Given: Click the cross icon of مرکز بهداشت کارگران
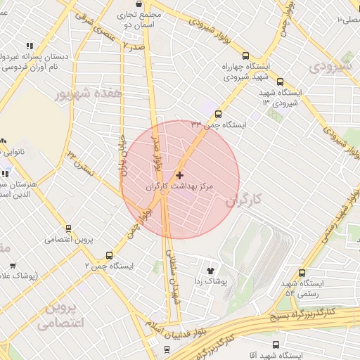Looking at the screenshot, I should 180,175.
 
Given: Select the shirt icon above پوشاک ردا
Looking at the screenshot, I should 210,270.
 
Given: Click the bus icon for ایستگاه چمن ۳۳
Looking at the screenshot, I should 218,114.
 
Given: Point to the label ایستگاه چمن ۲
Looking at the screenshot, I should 109,266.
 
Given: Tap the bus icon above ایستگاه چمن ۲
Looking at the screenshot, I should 109,255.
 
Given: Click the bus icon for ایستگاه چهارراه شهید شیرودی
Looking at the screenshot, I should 245,56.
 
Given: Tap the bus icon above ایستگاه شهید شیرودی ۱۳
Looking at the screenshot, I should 281,82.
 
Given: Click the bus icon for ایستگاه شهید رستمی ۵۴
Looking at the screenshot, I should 302,273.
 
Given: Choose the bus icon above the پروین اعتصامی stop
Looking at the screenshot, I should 68,228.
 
